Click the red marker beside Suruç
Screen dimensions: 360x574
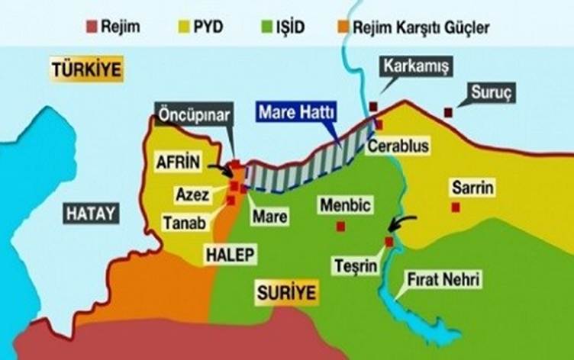click(x=448, y=113)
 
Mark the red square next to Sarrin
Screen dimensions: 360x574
click(x=455, y=207)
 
